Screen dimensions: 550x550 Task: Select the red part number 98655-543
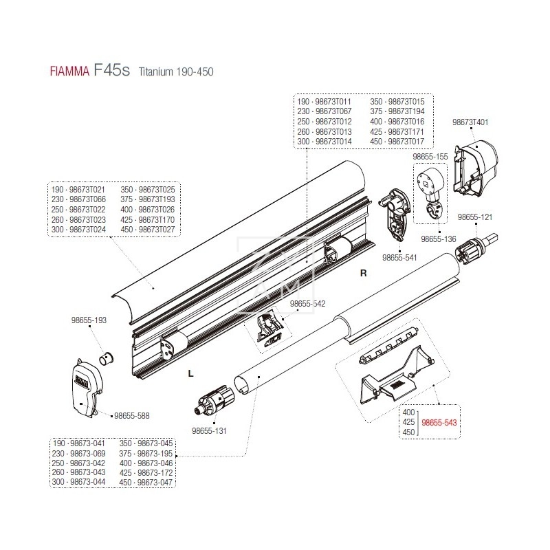(439, 423)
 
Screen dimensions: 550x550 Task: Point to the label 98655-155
(430, 157)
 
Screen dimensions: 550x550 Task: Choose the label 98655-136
(439, 240)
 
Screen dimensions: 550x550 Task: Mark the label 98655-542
(307, 303)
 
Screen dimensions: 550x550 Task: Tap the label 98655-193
(89, 320)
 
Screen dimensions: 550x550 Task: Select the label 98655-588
(131, 415)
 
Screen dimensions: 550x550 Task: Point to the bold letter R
(364, 274)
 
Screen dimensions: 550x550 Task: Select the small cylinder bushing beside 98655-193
(107, 358)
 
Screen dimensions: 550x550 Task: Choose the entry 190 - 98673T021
(78, 189)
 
